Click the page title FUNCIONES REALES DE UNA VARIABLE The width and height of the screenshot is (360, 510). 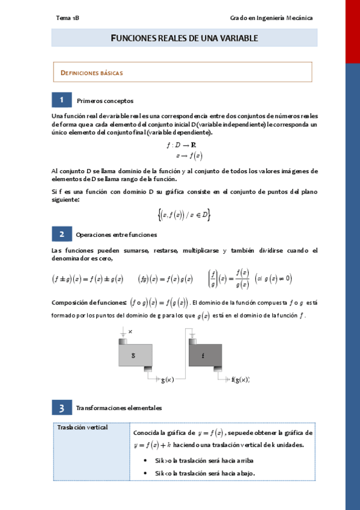click(x=185, y=38)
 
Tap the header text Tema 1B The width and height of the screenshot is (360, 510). click(x=67, y=18)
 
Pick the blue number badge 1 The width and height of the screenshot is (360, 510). click(x=61, y=100)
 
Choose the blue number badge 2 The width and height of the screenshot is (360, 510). click(x=61, y=234)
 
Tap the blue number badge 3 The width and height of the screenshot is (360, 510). click(x=61, y=408)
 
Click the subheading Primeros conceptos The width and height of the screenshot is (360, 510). click(x=105, y=101)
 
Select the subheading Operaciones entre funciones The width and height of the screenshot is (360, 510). click(x=117, y=235)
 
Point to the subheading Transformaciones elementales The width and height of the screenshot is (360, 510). click(x=119, y=408)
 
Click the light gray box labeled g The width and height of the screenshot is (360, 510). click(x=135, y=356)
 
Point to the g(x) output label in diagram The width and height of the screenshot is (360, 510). click(x=168, y=379)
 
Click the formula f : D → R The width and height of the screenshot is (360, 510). click(x=184, y=146)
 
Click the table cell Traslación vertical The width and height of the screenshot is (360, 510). click(x=82, y=428)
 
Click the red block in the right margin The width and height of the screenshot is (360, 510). click(x=353, y=30)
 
